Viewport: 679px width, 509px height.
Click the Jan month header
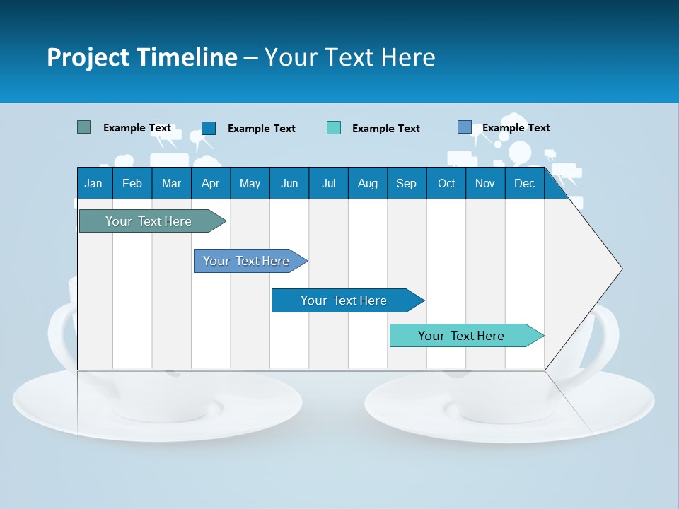[x=94, y=183]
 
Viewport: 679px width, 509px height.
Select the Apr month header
[x=210, y=183]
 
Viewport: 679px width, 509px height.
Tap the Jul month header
[x=328, y=183]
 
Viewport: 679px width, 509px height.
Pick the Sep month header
[x=406, y=183]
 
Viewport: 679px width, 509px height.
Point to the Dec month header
[x=524, y=183]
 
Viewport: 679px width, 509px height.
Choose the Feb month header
[x=132, y=183]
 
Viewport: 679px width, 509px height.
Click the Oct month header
[x=446, y=183]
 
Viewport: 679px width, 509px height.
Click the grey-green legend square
[x=84, y=127]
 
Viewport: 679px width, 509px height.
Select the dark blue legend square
[x=209, y=128]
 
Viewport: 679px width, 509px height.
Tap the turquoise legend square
[x=334, y=128]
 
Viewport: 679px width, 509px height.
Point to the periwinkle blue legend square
[x=465, y=127]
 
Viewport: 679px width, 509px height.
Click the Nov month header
[x=485, y=183]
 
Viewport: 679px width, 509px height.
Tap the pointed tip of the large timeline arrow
[x=620, y=269]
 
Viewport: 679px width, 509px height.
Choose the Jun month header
[x=289, y=183]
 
